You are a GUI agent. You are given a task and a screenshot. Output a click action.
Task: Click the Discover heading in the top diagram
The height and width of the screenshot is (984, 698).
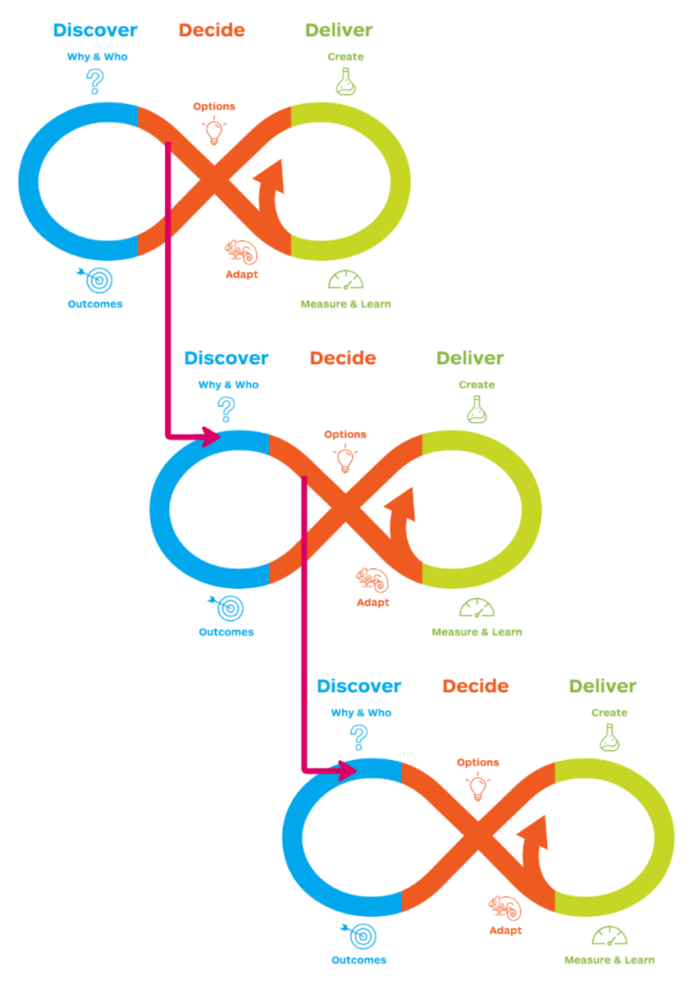(95, 30)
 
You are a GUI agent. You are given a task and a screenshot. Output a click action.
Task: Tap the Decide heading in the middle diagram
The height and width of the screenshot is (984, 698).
(343, 358)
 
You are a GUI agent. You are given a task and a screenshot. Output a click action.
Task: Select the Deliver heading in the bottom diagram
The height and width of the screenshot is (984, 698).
(603, 686)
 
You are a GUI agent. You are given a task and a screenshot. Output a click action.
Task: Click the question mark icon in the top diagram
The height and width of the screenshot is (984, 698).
(96, 80)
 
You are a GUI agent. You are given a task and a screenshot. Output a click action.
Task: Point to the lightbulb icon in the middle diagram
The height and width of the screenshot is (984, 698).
(345, 459)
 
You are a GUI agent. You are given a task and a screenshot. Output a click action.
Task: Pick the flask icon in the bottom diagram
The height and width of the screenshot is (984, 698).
(609, 737)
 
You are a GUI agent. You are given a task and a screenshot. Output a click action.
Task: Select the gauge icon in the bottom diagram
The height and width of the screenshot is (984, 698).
(609, 936)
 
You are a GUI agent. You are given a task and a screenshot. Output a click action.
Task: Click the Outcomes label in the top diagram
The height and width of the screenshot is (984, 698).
(95, 304)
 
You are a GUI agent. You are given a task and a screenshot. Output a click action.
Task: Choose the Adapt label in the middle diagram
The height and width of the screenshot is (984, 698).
(373, 603)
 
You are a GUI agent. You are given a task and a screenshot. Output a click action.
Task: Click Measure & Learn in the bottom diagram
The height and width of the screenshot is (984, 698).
(609, 960)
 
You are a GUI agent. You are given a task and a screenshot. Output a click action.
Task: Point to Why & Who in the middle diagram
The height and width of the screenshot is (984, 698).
(228, 385)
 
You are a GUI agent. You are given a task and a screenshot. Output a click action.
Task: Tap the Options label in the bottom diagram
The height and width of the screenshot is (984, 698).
(478, 763)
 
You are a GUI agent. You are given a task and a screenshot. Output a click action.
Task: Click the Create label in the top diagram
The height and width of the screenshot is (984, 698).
(345, 57)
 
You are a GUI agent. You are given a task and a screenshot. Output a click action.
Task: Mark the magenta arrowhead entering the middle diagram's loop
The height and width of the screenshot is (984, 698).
(212, 436)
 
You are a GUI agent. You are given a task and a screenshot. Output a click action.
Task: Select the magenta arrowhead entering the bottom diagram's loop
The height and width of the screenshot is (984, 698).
(345, 770)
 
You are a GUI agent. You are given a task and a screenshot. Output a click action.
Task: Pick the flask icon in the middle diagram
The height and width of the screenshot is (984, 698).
(477, 409)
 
